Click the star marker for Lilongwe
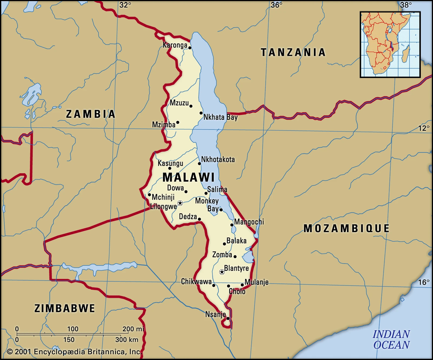point(180,203)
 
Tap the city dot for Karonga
point(190,48)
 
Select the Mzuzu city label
point(179,103)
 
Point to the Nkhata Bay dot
point(201,113)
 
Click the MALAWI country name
point(189,177)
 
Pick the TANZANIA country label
point(293,52)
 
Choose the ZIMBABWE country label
point(65,308)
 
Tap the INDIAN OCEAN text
point(391,339)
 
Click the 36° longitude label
point(277,5)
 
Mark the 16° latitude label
point(424,282)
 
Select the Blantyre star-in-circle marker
point(222,272)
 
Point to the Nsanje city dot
point(228,318)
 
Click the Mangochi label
point(249,222)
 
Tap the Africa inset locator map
point(390,45)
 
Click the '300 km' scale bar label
point(127,339)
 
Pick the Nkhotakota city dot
point(199,164)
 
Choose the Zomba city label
point(222,255)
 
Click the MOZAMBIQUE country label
point(346,228)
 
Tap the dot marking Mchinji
point(149,194)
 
